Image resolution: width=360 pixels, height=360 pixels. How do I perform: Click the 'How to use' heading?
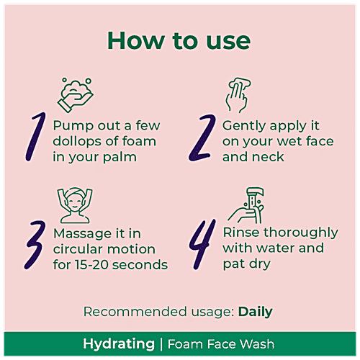pyautogui.click(x=180, y=40)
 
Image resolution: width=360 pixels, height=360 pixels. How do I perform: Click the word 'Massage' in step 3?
pyautogui.click(x=81, y=233)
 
